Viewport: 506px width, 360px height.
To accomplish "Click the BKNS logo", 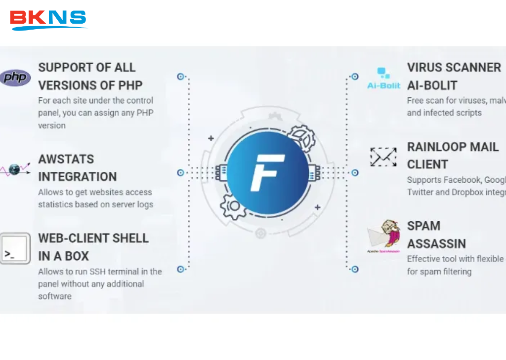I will [x=48, y=20].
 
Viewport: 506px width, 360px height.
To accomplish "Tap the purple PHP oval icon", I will [x=15, y=78].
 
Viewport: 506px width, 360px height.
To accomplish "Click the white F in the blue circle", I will [x=267, y=172].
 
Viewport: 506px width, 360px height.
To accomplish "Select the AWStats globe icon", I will [x=14, y=169].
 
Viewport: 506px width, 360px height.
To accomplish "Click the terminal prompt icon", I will [x=14, y=248].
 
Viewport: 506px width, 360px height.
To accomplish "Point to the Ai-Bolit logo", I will [x=384, y=79].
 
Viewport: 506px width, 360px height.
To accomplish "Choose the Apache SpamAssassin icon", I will [x=384, y=236].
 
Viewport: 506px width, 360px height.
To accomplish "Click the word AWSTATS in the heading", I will [x=66, y=160].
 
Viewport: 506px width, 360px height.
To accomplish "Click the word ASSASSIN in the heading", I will [x=436, y=243].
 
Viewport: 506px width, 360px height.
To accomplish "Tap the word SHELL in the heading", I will [x=130, y=238].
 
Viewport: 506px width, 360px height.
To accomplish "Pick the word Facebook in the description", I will [x=462, y=180].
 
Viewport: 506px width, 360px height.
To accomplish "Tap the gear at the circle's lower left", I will [x=232, y=207].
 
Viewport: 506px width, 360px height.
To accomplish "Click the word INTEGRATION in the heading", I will [x=78, y=177].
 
